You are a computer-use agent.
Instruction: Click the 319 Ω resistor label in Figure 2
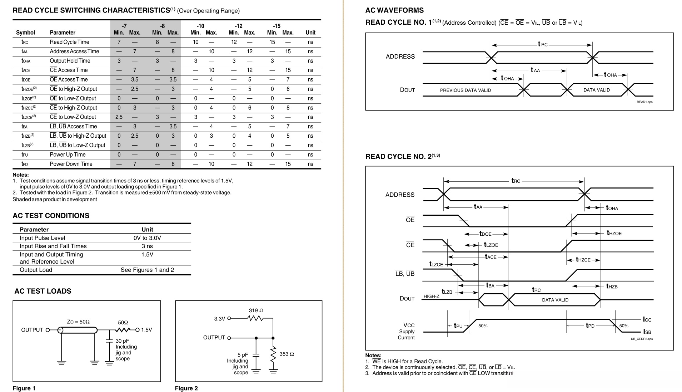(256, 310)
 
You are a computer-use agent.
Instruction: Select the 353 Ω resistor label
(287, 354)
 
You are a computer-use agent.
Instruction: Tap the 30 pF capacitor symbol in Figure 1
(109, 341)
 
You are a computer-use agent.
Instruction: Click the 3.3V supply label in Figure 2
(219, 318)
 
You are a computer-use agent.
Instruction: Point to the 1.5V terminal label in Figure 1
(146, 330)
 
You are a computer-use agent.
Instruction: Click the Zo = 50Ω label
(78, 322)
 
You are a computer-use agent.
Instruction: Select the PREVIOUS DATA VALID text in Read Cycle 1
(465, 90)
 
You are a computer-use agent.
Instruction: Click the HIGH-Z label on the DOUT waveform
(431, 296)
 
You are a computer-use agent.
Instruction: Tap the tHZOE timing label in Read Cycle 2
(614, 233)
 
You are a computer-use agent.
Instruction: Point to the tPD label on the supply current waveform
(590, 325)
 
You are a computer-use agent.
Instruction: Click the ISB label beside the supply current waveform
(647, 332)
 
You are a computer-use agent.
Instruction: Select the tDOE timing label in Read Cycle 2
(485, 234)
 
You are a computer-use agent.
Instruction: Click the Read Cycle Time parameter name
(69, 42)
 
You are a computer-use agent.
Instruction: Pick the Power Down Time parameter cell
(71, 164)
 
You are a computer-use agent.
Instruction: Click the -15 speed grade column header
(277, 26)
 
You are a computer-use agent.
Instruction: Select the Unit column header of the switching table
(310, 33)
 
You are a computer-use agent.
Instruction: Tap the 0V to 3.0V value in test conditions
(147, 238)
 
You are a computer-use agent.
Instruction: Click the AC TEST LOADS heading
(43, 291)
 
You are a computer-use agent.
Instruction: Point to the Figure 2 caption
(186, 388)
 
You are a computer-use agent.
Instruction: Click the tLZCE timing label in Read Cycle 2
(436, 264)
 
